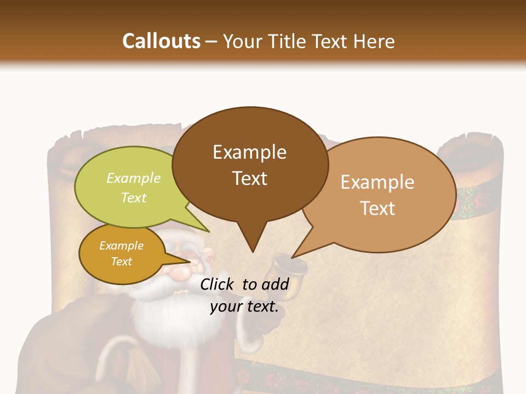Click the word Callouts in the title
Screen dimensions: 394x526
pyautogui.click(x=161, y=41)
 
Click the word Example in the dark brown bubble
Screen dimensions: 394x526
pyautogui.click(x=249, y=152)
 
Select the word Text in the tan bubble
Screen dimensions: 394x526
pyautogui.click(x=378, y=208)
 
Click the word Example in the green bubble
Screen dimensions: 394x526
pyautogui.click(x=134, y=178)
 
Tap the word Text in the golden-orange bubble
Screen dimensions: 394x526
pyautogui.click(x=122, y=262)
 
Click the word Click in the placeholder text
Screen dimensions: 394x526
pyautogui.click(x=217, y=284)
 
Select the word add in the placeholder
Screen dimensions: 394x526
pyautogui.click(x=275, y=284)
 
